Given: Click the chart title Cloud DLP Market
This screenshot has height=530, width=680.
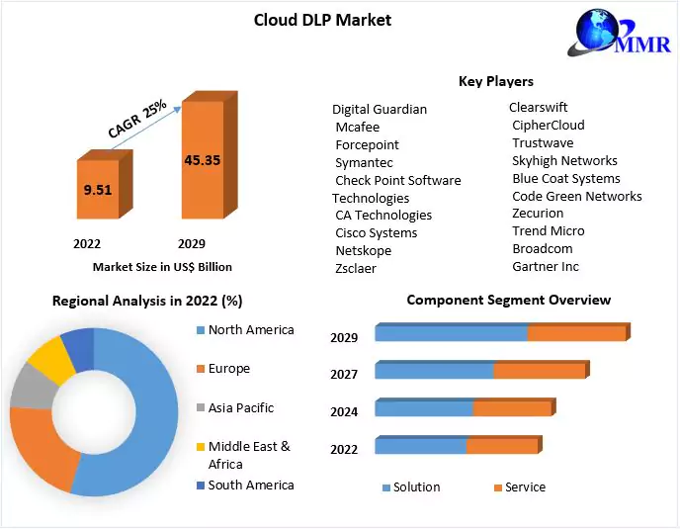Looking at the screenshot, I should [x=322, y=20].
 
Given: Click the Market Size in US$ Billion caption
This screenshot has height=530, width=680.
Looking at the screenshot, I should [x=162, y=266].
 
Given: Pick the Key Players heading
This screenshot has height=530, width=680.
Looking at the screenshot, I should [x=495, y=81].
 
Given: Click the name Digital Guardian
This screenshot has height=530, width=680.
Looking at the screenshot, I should [x=380, y=109].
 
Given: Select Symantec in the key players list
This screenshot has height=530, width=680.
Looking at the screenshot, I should [x=364, y=162].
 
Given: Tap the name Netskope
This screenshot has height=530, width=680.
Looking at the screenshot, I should [x=363, y=250].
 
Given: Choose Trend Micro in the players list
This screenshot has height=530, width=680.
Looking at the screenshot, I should [x=548, y=230].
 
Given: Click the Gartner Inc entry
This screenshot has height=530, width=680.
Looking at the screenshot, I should [x=546, y=266].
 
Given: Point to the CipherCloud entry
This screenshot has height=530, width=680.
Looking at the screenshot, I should [x=548, y=125].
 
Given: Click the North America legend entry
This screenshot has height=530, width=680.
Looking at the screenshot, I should [x=250, y=329].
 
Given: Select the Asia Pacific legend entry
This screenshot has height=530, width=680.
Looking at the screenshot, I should [x=240, y=407].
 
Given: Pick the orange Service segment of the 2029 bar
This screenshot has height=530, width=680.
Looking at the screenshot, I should [x=577, y=333].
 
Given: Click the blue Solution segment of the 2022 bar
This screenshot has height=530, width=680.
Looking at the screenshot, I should [x=420, y=446].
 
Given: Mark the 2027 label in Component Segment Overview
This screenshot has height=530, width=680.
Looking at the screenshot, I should [x=344, y=373].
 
